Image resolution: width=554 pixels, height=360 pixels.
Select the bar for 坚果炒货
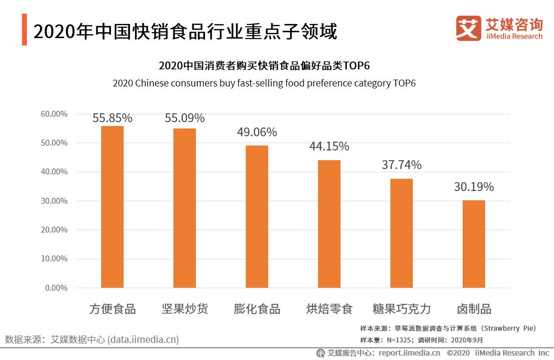[185, 208]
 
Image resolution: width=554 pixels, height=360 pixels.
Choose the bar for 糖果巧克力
[402, 233]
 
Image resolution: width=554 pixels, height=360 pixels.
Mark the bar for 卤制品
[474, 244]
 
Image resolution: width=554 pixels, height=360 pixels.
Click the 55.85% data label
[112, 118]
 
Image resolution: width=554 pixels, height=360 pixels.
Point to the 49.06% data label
[257, 132]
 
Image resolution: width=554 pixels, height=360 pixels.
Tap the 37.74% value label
[402, 165]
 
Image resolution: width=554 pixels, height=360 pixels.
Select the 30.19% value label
[474, 187]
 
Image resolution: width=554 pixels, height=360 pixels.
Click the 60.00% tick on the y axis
[53, 114]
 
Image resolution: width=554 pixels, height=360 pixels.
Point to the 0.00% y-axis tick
[56, 288]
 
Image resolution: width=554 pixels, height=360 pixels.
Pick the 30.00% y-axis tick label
[53, 201]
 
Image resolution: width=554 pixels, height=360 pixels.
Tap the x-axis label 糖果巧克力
[402, 309]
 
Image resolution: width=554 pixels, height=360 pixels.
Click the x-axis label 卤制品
[474, 309]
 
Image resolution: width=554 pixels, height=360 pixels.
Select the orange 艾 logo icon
[468, 28]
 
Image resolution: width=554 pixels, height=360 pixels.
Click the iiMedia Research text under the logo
[514, 36]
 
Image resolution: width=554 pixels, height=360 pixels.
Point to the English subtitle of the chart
[264, 83]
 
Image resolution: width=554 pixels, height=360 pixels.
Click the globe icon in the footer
[320, 353]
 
